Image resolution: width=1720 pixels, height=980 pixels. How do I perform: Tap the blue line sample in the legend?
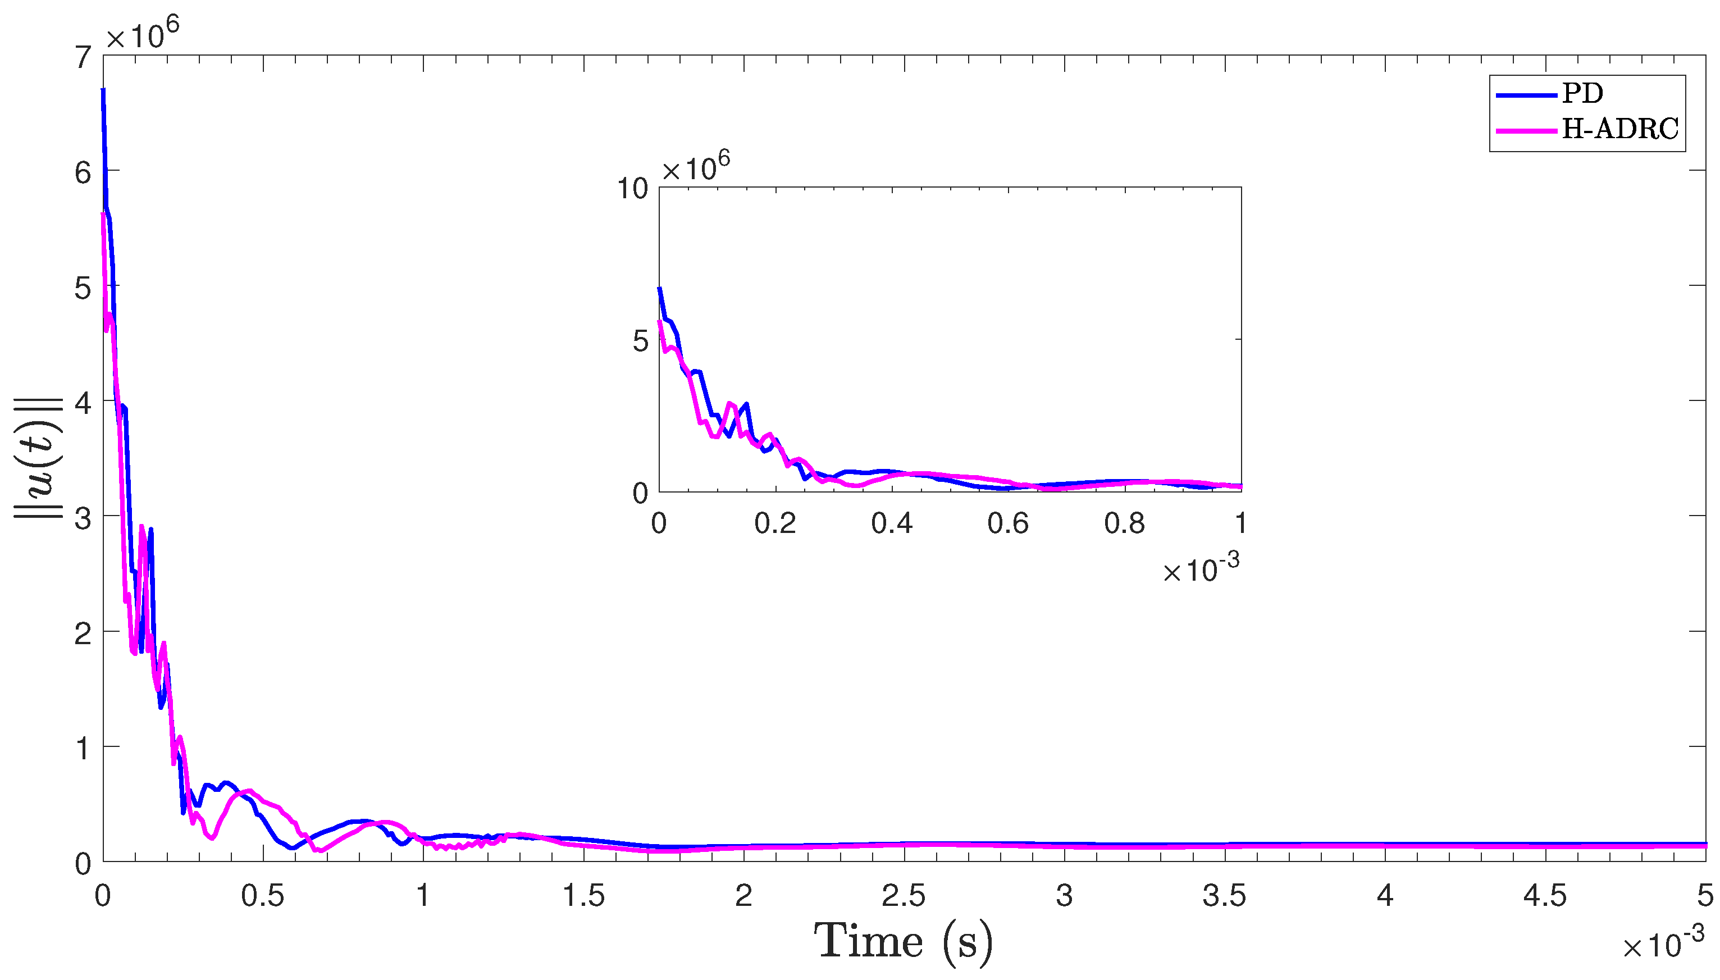[x=1526, y=95]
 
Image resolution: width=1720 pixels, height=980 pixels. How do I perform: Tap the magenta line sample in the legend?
[x=1526, y=130]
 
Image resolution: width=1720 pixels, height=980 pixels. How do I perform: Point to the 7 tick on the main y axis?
[x=83, y=58]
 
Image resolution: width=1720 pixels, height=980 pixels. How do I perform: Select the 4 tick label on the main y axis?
[x=83, y=403]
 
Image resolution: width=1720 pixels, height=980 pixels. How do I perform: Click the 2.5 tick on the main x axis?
[x=903, y=896]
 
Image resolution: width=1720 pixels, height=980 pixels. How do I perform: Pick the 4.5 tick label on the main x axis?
[x=1544, y=896]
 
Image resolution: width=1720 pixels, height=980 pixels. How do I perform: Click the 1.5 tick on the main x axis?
[x=583, y=896]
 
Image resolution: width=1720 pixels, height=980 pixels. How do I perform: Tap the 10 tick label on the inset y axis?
[x=632, y=189]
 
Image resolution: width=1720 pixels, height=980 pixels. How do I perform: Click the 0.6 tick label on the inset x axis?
[x=1007, y=523]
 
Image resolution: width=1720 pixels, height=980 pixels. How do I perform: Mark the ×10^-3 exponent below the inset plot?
[x=1201, y=569]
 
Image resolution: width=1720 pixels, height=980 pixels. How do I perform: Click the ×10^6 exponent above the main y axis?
[x=142, y=34]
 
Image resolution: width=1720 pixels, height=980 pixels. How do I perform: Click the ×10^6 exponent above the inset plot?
[x=695, y=167]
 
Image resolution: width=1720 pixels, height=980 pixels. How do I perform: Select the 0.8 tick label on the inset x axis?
[x=1124, y=523]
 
